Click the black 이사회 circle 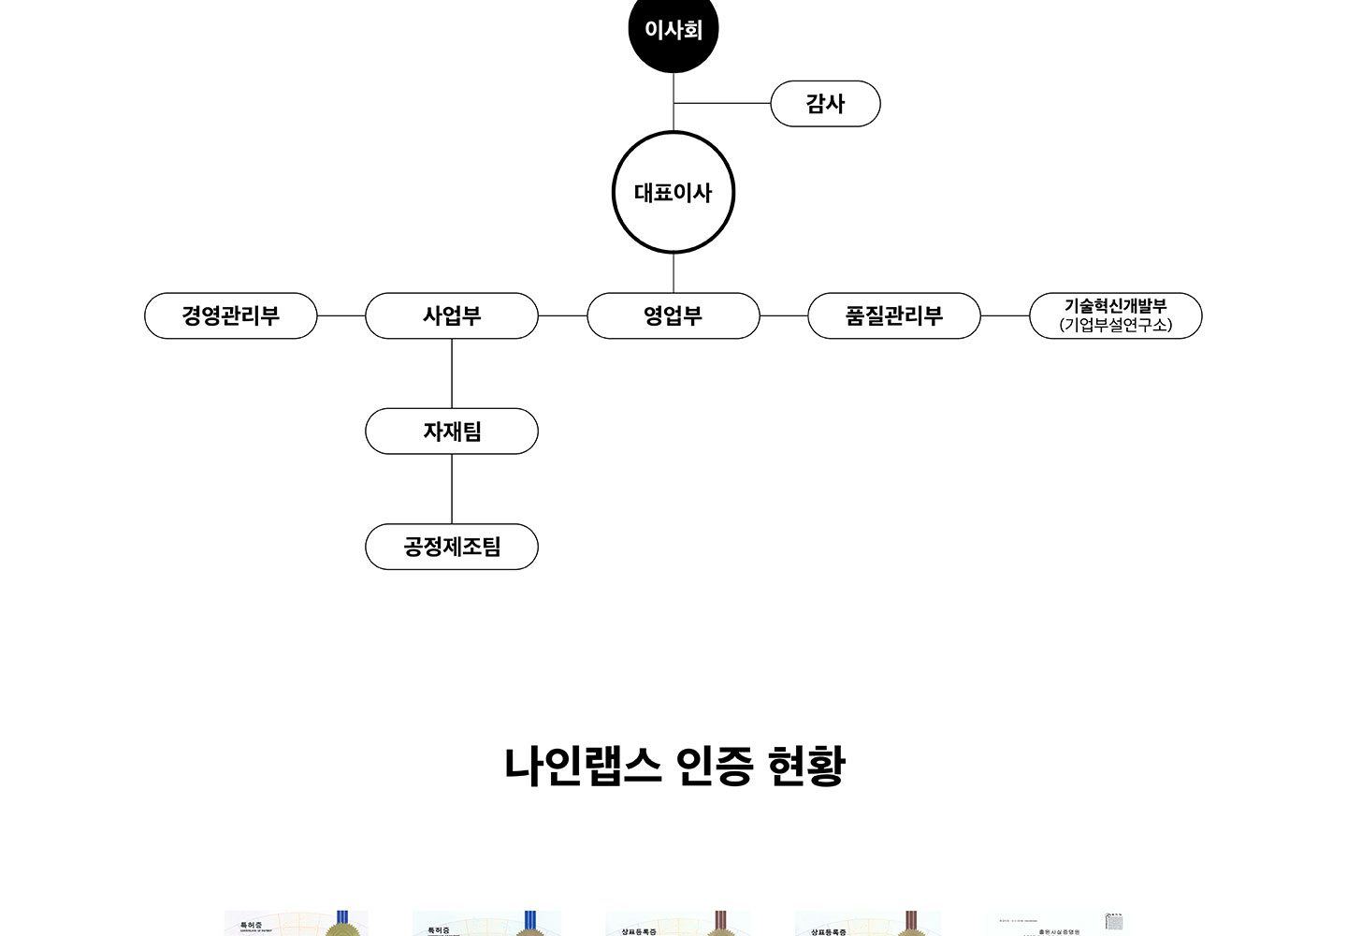click(x=673, y=30)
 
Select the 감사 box click(x=825, y=104)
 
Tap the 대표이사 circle click(x=673, y=193)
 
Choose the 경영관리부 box click(x=231, y=315)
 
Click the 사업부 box click(x=452, y=315)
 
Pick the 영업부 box click(x=673, y=315)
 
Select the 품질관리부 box click(x=894, y=315)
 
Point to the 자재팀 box click(x=452, y=431)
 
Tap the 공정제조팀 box click(x=452, y=547)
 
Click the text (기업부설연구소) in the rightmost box click(x=1116, y=325)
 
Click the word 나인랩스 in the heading click(x=584, y=766)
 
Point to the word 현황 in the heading click(x=805, y=766)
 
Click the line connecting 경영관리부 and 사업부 click(x=341, y=316)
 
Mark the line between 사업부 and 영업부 click(x=562, y=316)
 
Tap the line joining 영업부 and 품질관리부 click(x=784, y=316)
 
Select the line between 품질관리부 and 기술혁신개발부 click(x=1005, y=316)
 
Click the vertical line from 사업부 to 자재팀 click(x=452, y=373)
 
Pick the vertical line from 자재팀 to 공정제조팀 click(x=452, y=489)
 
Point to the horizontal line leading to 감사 click(x=722, y=103)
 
